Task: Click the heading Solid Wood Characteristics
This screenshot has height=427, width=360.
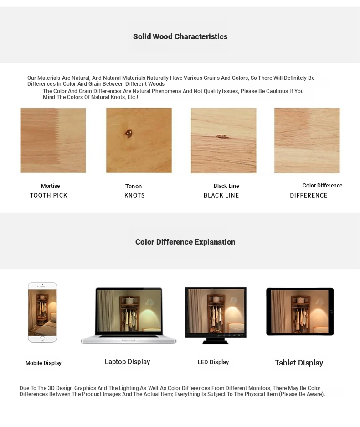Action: tap(180, 36)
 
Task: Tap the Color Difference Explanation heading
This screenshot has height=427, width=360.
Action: tap(185, 242)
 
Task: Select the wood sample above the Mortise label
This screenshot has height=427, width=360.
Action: tap(53, 141)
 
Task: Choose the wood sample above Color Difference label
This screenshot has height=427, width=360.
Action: tap(307, 141)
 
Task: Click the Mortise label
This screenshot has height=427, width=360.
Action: tap(50, 186)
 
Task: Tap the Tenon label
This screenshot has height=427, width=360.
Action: tap(134, 187)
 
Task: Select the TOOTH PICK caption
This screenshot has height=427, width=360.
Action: tap(48, 195)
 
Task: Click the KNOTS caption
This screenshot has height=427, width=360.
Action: tap(134, 195)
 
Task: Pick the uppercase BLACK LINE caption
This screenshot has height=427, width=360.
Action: tap(221, 195)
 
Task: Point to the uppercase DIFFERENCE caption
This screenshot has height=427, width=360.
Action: tap(309, 195)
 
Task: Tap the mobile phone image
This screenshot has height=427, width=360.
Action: tap(42, 312)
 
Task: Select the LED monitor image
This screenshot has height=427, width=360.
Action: tap(216, 313)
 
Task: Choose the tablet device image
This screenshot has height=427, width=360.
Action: tap(300, 312)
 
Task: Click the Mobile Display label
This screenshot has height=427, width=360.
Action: tap(43, 363)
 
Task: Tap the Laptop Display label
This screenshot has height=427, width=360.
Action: tap(127, 362)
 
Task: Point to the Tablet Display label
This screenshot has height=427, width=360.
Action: tap(298, 363)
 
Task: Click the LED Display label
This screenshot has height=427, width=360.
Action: tap(213, 362)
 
